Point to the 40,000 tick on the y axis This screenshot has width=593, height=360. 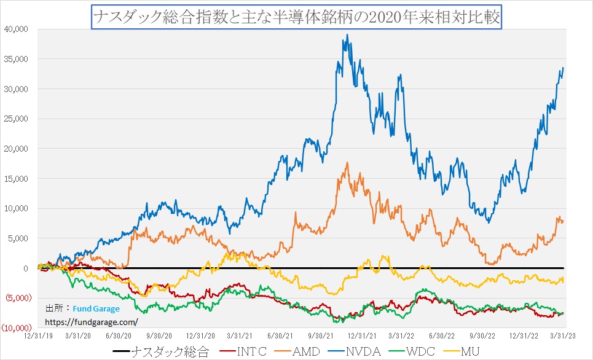[x=17, y=29]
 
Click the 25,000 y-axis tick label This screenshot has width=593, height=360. [x=17, y=119]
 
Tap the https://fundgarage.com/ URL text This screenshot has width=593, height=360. [x=91, y=321]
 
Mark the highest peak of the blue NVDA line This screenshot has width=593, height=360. [x=348, y=35]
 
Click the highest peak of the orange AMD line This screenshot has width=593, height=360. [x=348, y=163]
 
